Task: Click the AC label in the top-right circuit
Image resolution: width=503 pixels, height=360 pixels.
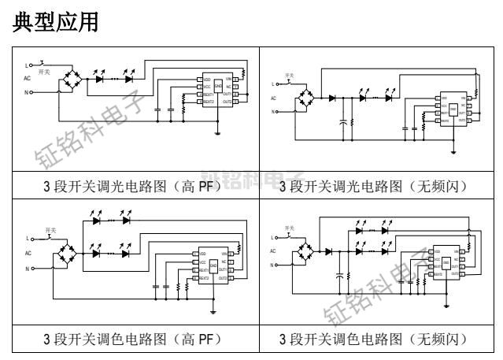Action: [273, 98]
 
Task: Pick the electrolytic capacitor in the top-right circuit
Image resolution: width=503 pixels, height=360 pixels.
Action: [342, 122]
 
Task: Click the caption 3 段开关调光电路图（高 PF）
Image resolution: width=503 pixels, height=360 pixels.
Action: [132, 187]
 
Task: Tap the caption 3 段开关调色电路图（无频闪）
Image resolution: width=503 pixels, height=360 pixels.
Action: [377, 340]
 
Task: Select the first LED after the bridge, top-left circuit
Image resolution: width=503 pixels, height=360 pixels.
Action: [100, 78]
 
